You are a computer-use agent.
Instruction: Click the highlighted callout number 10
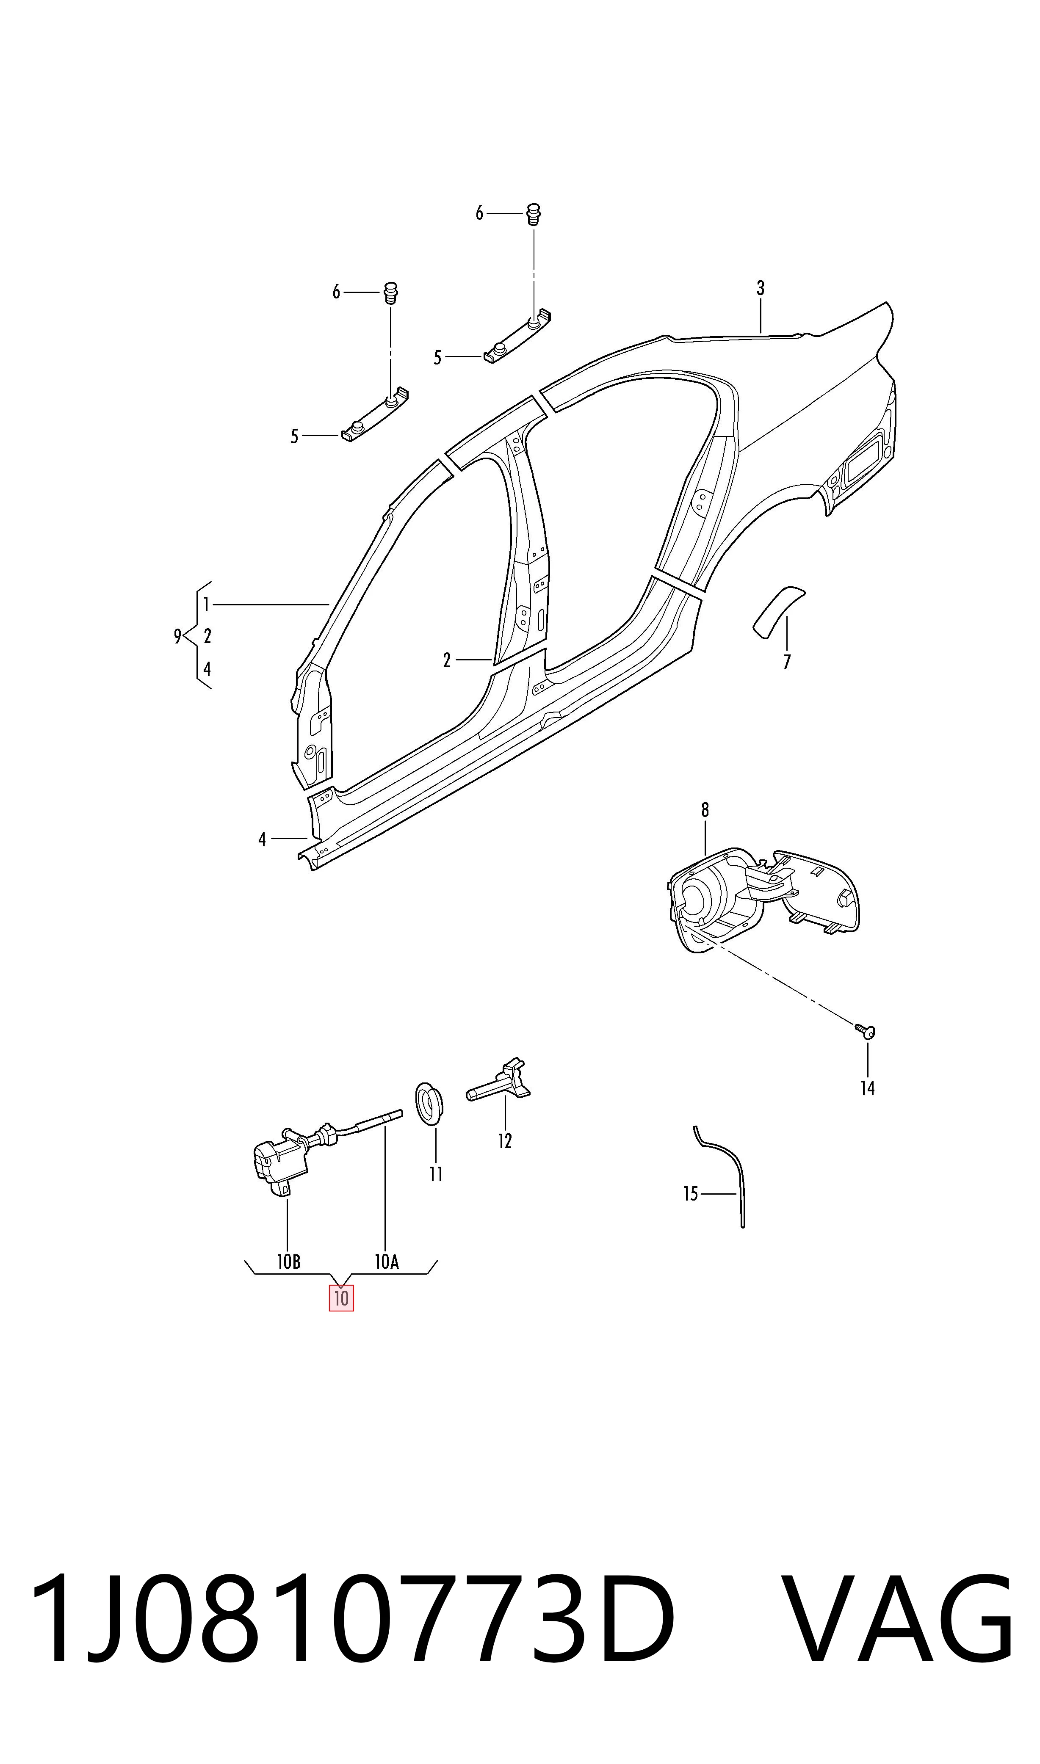341,1298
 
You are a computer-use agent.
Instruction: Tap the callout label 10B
289,1262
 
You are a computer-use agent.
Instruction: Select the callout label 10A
386,1262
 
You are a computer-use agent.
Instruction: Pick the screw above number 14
866,1030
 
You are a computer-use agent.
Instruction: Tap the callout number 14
868,1088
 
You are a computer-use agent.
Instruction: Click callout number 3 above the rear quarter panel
761,288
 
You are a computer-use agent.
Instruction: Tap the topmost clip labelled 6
533,214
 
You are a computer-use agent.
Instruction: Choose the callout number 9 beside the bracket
178,636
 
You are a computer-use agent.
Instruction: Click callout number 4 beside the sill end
262,839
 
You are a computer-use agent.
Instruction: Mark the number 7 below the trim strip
787,662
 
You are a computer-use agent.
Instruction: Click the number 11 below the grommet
436,1174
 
